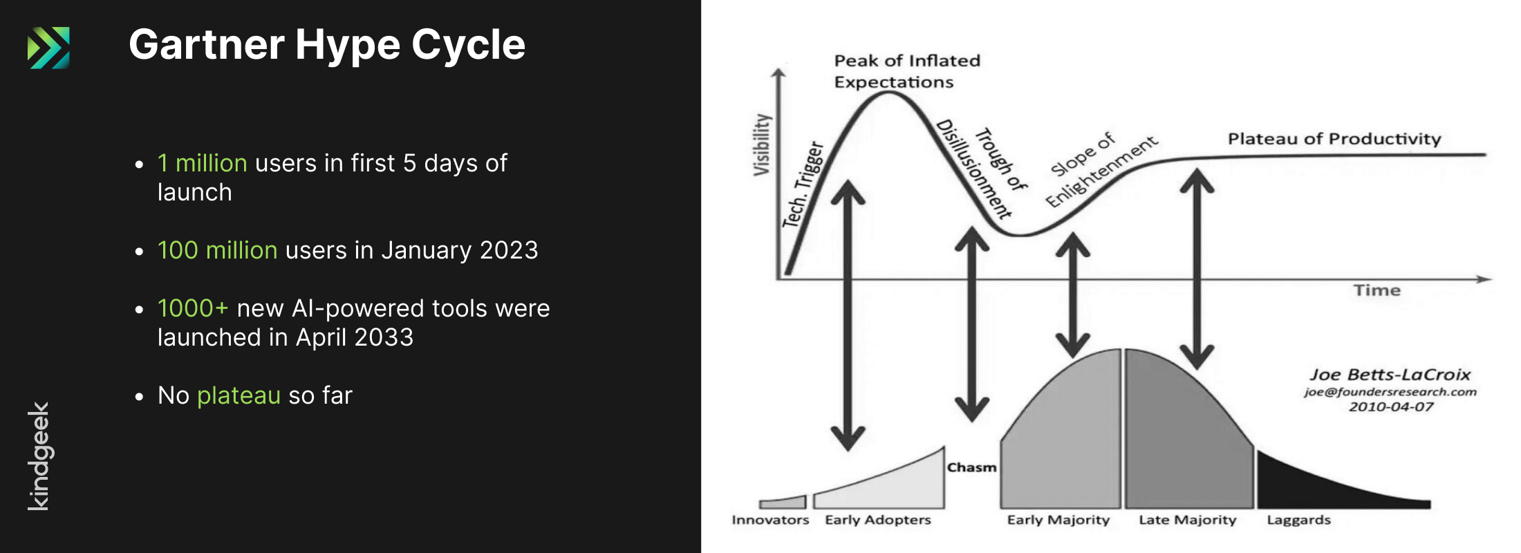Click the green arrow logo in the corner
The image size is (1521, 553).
[x=48, y=48]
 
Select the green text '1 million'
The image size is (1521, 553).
[x=202, y=163]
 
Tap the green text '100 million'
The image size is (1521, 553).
[x=217, y=250]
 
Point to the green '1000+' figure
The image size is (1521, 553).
[x=193, y=308]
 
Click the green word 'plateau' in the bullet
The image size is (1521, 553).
[x=239, y=396]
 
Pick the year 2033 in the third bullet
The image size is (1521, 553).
[x=384, y=337]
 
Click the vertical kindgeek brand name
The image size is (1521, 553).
[x=39, y=456]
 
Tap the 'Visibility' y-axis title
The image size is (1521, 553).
[x=761, y=144]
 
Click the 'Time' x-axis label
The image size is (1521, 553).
[x=1377, y=290]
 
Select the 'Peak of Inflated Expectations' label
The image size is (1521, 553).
[x=907, y=71]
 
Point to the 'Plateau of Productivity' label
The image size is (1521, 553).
[x=1334, y=139]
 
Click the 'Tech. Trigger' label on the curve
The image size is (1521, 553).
[x=803, y=185]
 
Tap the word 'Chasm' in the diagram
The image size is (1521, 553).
[x=971, y=468]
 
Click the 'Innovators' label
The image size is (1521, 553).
[x=770, y=520]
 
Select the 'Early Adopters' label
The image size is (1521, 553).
[x=878, y=520]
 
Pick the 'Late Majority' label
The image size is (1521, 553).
[x=1188, y=520]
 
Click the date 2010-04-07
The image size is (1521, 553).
[x=1391, y=406]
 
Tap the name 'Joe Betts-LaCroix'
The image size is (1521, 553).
[x=1390, y=375]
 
